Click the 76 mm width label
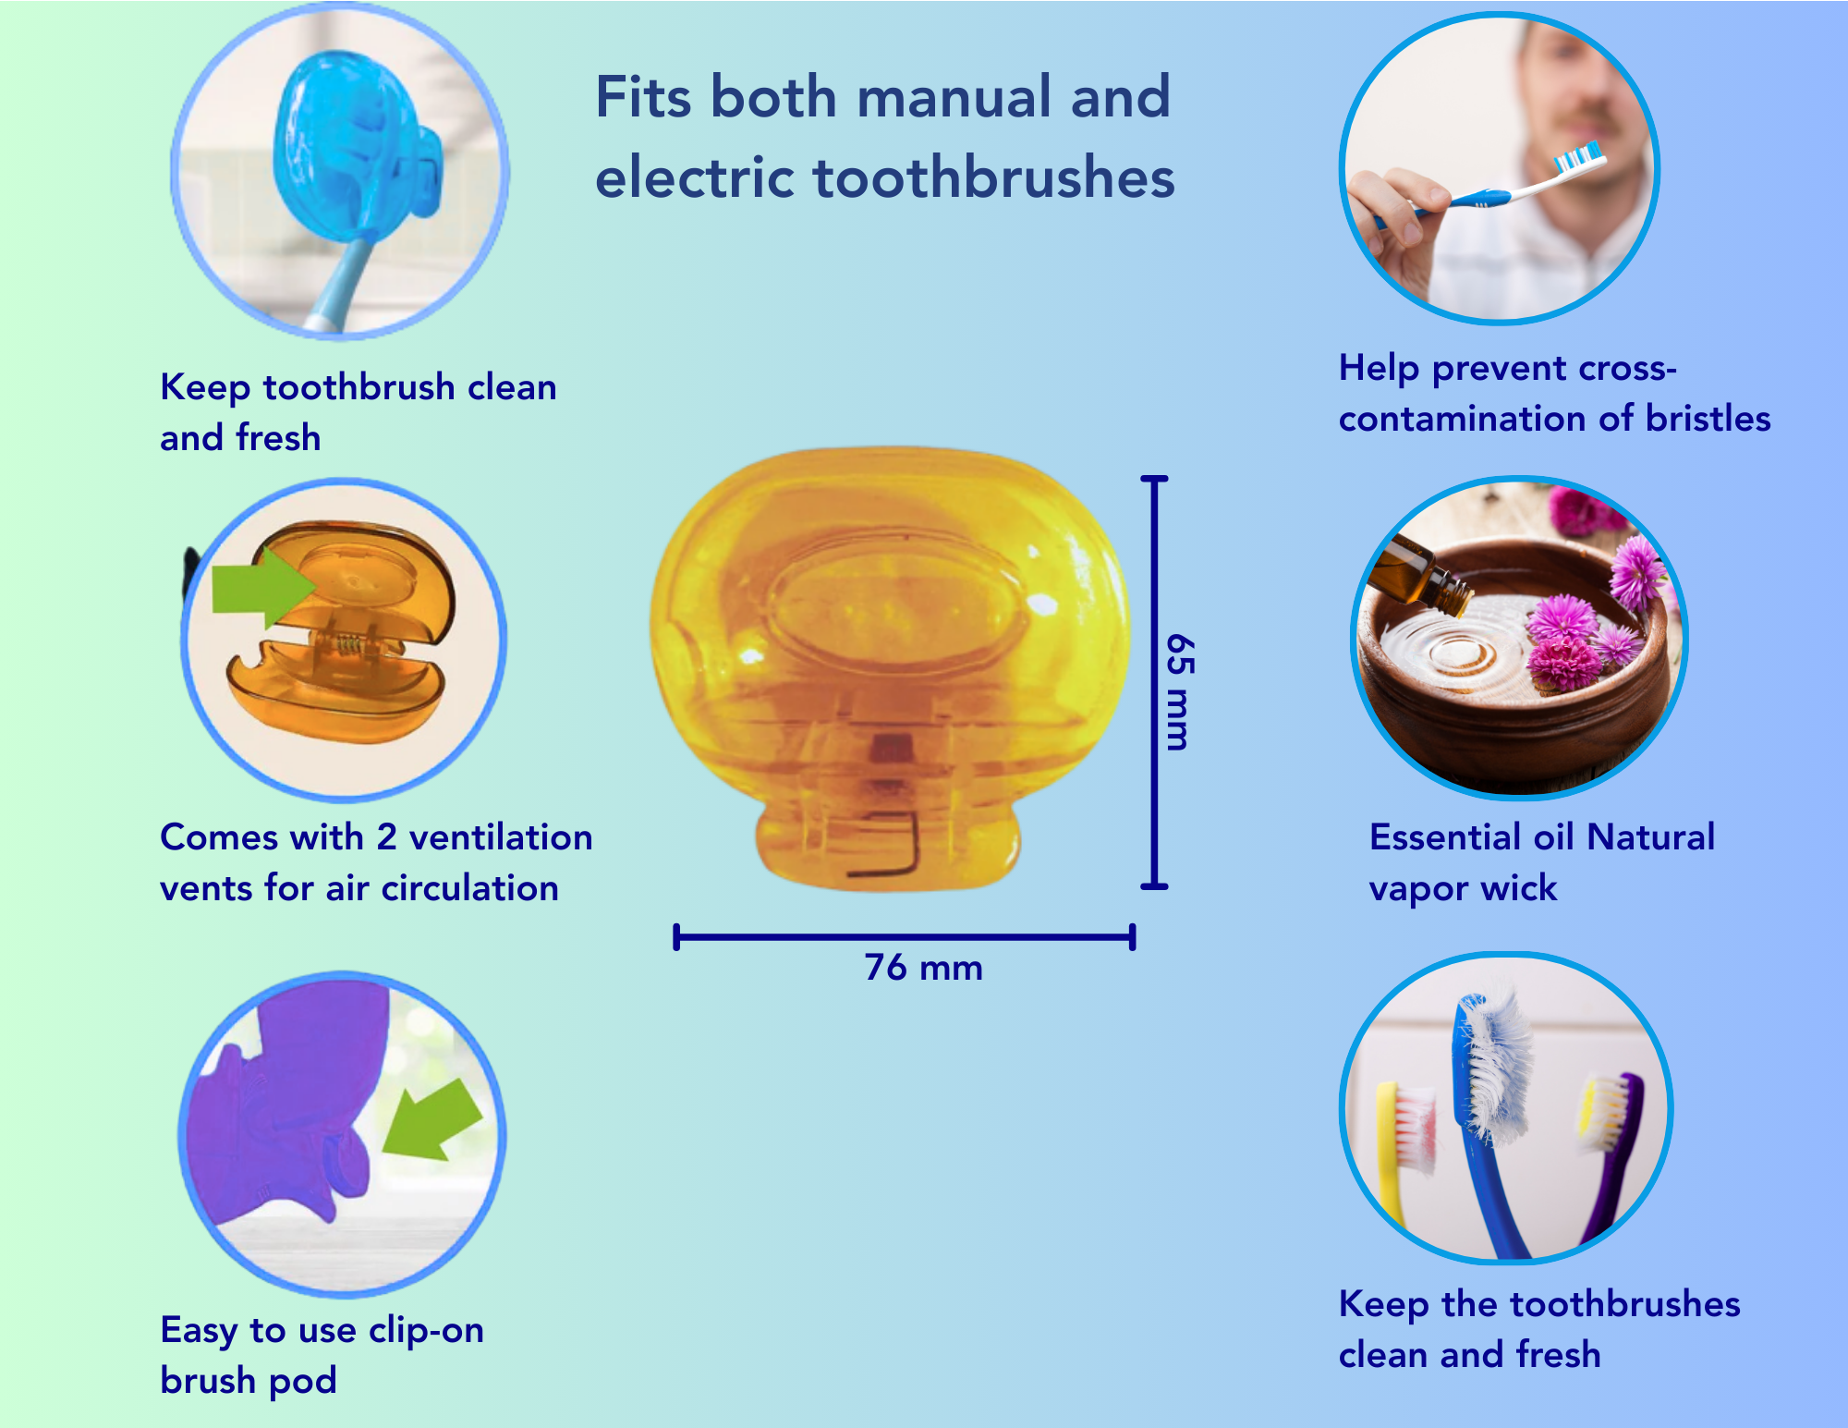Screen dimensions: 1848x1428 (x=923, y=968)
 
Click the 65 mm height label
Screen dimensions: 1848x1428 (x=1179, y=691)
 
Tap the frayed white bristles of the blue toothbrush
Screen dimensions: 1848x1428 (x=1498, y=1063)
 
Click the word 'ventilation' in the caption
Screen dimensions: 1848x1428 (x=501, y=837)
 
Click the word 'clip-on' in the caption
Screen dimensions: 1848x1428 (x=426, y=1331)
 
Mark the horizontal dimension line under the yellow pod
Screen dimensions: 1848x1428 (x=905, y=937)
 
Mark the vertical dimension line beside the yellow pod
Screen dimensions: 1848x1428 (x=1154, y=683)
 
